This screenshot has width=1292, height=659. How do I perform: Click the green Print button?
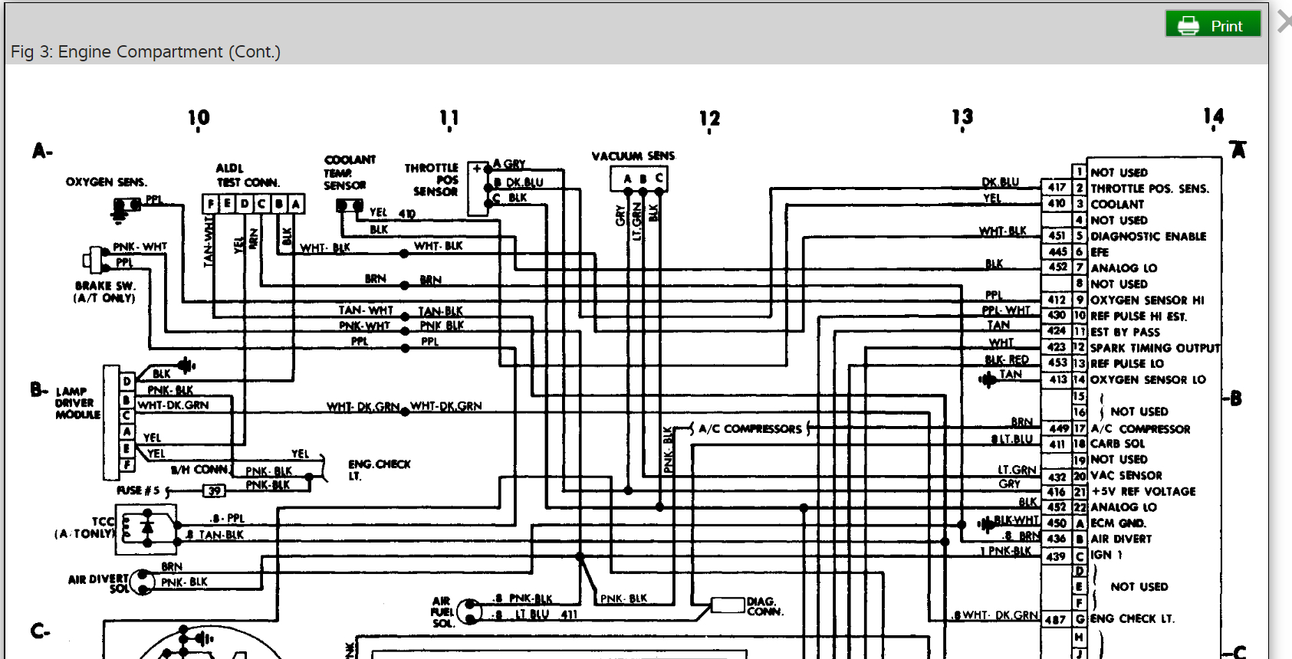pos(1213,25)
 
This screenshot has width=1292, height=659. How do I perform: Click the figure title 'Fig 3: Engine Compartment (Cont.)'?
pos(146,52)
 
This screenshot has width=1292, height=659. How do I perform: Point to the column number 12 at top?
pos(709,119)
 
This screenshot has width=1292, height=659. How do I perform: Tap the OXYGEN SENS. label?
pos(106,182)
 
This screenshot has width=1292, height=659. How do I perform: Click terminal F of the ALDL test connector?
pos(211,204)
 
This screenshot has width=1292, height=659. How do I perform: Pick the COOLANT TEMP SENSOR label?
pos(349,172)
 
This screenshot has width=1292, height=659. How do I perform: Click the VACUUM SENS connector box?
pos(639,179)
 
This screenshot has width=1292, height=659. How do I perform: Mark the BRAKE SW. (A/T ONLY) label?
pos(104,291)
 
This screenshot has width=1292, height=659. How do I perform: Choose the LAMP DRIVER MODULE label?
pos(77,403)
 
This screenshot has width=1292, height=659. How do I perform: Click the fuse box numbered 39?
pos(214,490)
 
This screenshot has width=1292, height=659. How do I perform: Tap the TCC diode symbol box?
pos(146,529)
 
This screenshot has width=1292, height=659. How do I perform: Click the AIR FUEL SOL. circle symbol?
pos(469,611)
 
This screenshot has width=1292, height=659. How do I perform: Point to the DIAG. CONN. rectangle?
pos(728,605)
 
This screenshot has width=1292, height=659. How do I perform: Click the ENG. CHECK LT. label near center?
pos(379,470)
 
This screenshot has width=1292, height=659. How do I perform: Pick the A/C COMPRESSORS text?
pos(750,429)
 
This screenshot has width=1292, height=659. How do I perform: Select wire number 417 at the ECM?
pos(1057,188)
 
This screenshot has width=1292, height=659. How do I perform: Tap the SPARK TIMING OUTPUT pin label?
pos(1155,348)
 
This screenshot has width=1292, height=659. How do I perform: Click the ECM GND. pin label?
pos(1118,523)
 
